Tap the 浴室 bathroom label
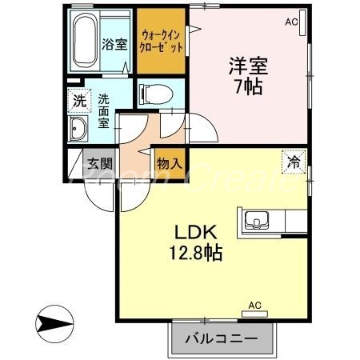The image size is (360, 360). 114,44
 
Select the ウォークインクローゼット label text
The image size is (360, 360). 162,40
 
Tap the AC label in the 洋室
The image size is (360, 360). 291,23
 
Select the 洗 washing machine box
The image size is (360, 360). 78,101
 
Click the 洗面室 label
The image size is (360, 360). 104,112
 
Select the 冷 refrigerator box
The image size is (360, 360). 294,162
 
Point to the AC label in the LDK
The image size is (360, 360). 254,306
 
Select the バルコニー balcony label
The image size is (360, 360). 222,338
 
